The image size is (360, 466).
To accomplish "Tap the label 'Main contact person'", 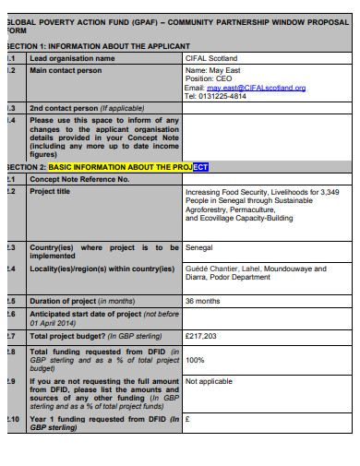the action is coord(65,69).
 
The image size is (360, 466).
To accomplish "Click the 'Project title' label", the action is coord(50,191).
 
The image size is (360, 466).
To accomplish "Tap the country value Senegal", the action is coord(198,248).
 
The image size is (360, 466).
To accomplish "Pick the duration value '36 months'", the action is coord(203,302).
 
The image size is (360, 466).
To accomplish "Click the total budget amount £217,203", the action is coord(202,337).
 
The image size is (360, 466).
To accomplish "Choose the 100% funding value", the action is coord(195,360).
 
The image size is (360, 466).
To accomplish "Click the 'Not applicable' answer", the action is coord(210,381).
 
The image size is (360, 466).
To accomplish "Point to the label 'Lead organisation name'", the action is coord(73,57).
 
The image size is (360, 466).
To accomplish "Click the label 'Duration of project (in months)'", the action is coord(82,302).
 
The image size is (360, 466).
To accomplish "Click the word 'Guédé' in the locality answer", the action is coord(197,269).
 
